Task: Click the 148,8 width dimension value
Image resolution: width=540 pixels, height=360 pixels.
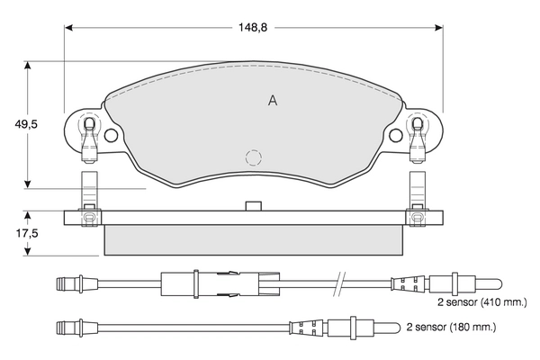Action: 253,28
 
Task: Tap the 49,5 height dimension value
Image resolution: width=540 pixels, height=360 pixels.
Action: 26,123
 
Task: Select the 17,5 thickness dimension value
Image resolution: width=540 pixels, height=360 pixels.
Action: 27,234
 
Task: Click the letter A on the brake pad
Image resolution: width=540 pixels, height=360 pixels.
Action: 273,101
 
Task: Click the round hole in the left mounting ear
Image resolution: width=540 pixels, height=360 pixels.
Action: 111,135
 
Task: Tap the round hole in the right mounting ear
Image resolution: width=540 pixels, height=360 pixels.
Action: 396,135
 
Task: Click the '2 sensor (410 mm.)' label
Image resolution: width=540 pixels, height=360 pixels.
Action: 482,302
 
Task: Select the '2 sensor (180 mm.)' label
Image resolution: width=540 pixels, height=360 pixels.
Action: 451,327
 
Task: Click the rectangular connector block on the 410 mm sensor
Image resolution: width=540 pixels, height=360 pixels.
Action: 220,283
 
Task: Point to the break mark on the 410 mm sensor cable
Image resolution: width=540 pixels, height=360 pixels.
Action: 339,283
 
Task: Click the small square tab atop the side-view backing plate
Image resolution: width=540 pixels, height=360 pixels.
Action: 253,206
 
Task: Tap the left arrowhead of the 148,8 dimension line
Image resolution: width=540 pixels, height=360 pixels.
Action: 69,28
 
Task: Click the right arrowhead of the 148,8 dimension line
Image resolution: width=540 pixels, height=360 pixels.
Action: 439,28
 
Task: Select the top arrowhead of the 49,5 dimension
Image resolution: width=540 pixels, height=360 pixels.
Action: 28,66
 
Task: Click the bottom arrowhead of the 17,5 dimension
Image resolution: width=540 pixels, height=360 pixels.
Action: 28,251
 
